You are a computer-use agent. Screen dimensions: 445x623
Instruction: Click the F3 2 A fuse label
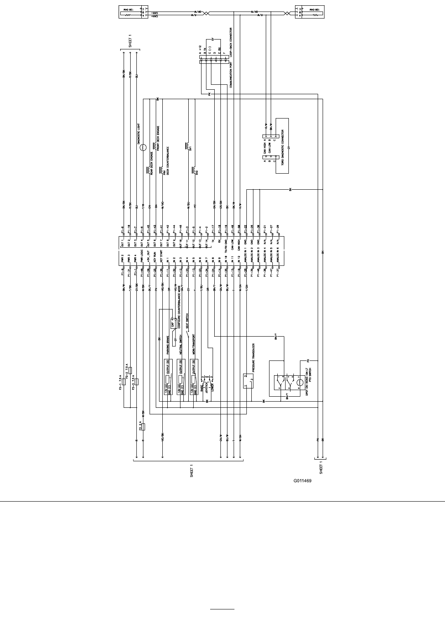pos(141,426)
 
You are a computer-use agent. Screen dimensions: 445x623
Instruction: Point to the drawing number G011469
pos(302,480)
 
